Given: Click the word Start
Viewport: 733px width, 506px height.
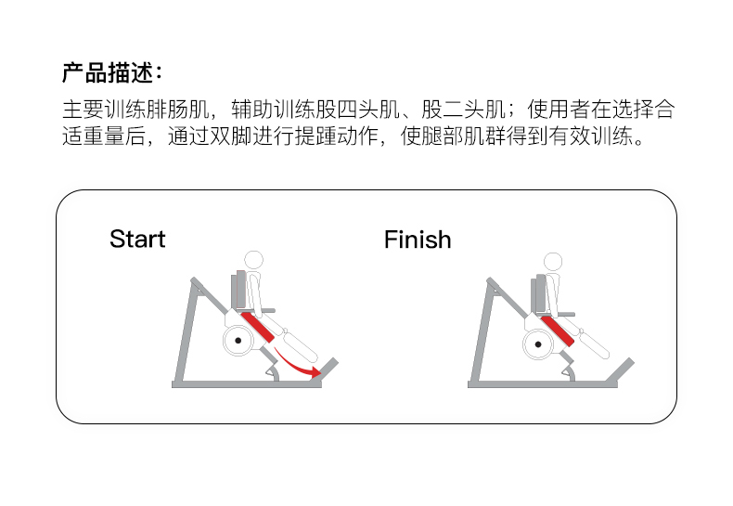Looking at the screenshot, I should point(137,239).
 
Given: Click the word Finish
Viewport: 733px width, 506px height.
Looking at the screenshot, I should point(418,240).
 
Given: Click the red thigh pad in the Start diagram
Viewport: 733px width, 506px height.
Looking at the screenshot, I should point(260,325).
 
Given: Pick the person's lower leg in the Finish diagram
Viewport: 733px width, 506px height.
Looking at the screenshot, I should point(598,341).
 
